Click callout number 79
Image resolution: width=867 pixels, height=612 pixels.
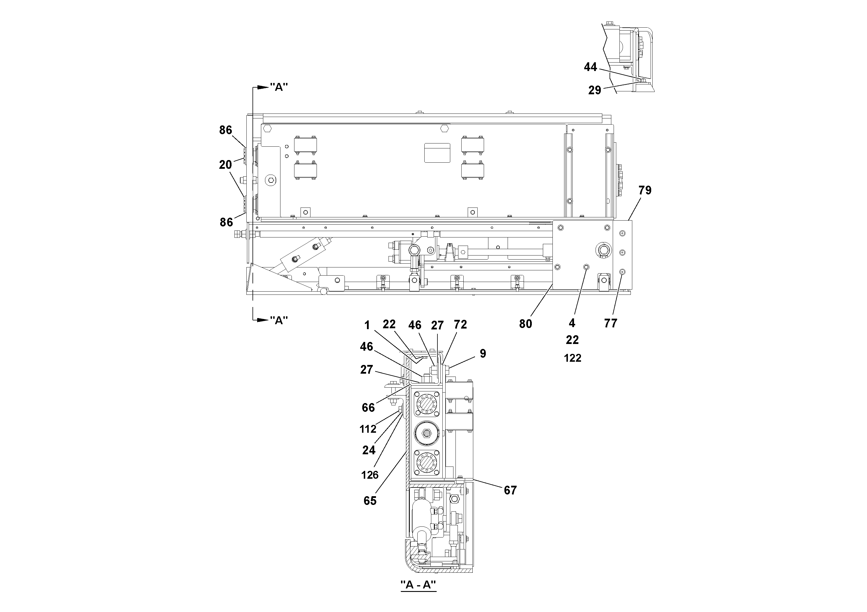[x=645, y=191]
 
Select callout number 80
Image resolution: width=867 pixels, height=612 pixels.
[x=525, y=324]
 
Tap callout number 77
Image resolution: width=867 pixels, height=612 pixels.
[x=611, y=323]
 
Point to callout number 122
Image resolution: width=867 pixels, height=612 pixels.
[x=573, y=358]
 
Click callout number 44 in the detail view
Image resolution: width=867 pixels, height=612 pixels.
[x=591, y=67]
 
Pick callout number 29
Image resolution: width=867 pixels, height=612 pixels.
[x=594, y=90]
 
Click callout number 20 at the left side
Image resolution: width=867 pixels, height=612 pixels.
[x=225, y=165]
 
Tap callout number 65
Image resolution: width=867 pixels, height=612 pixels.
[x=370, y=501]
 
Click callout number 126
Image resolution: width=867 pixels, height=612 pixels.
[x=370, y=475]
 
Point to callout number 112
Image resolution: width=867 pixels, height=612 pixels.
[x=368, y=429]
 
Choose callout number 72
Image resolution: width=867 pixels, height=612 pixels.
[x=460, y=324]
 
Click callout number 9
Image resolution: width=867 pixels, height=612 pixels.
[x=483, y=354]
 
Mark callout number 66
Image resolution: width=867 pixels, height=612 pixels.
[x=368, y=407]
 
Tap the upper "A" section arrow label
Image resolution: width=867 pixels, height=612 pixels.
[x=279, y=87]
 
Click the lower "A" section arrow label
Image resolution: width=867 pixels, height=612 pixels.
[x=279, y=320]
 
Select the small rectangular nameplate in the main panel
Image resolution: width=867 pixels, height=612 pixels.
[x=437, y=153]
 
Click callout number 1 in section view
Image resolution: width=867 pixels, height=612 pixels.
[x=367, y=325]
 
